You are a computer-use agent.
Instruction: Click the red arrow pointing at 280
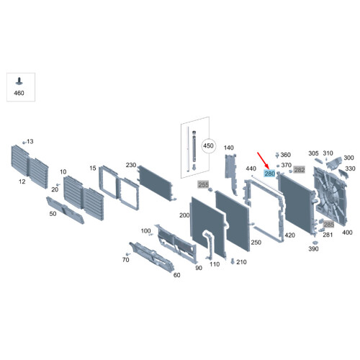tap(263, 161)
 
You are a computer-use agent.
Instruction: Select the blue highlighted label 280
tap(269, 174)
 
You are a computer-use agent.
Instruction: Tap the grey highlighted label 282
tap(300, 170)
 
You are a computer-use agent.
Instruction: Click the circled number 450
tap(208, 145)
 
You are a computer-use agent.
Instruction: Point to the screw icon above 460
tap(19, 81)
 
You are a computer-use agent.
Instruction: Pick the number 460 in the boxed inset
tap(19, 93)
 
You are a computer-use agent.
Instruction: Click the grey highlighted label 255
tap(203, 184)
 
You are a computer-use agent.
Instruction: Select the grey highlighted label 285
tap(328, 225)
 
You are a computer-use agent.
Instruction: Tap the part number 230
tap(131, 165)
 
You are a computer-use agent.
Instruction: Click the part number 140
tap(228, 148)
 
